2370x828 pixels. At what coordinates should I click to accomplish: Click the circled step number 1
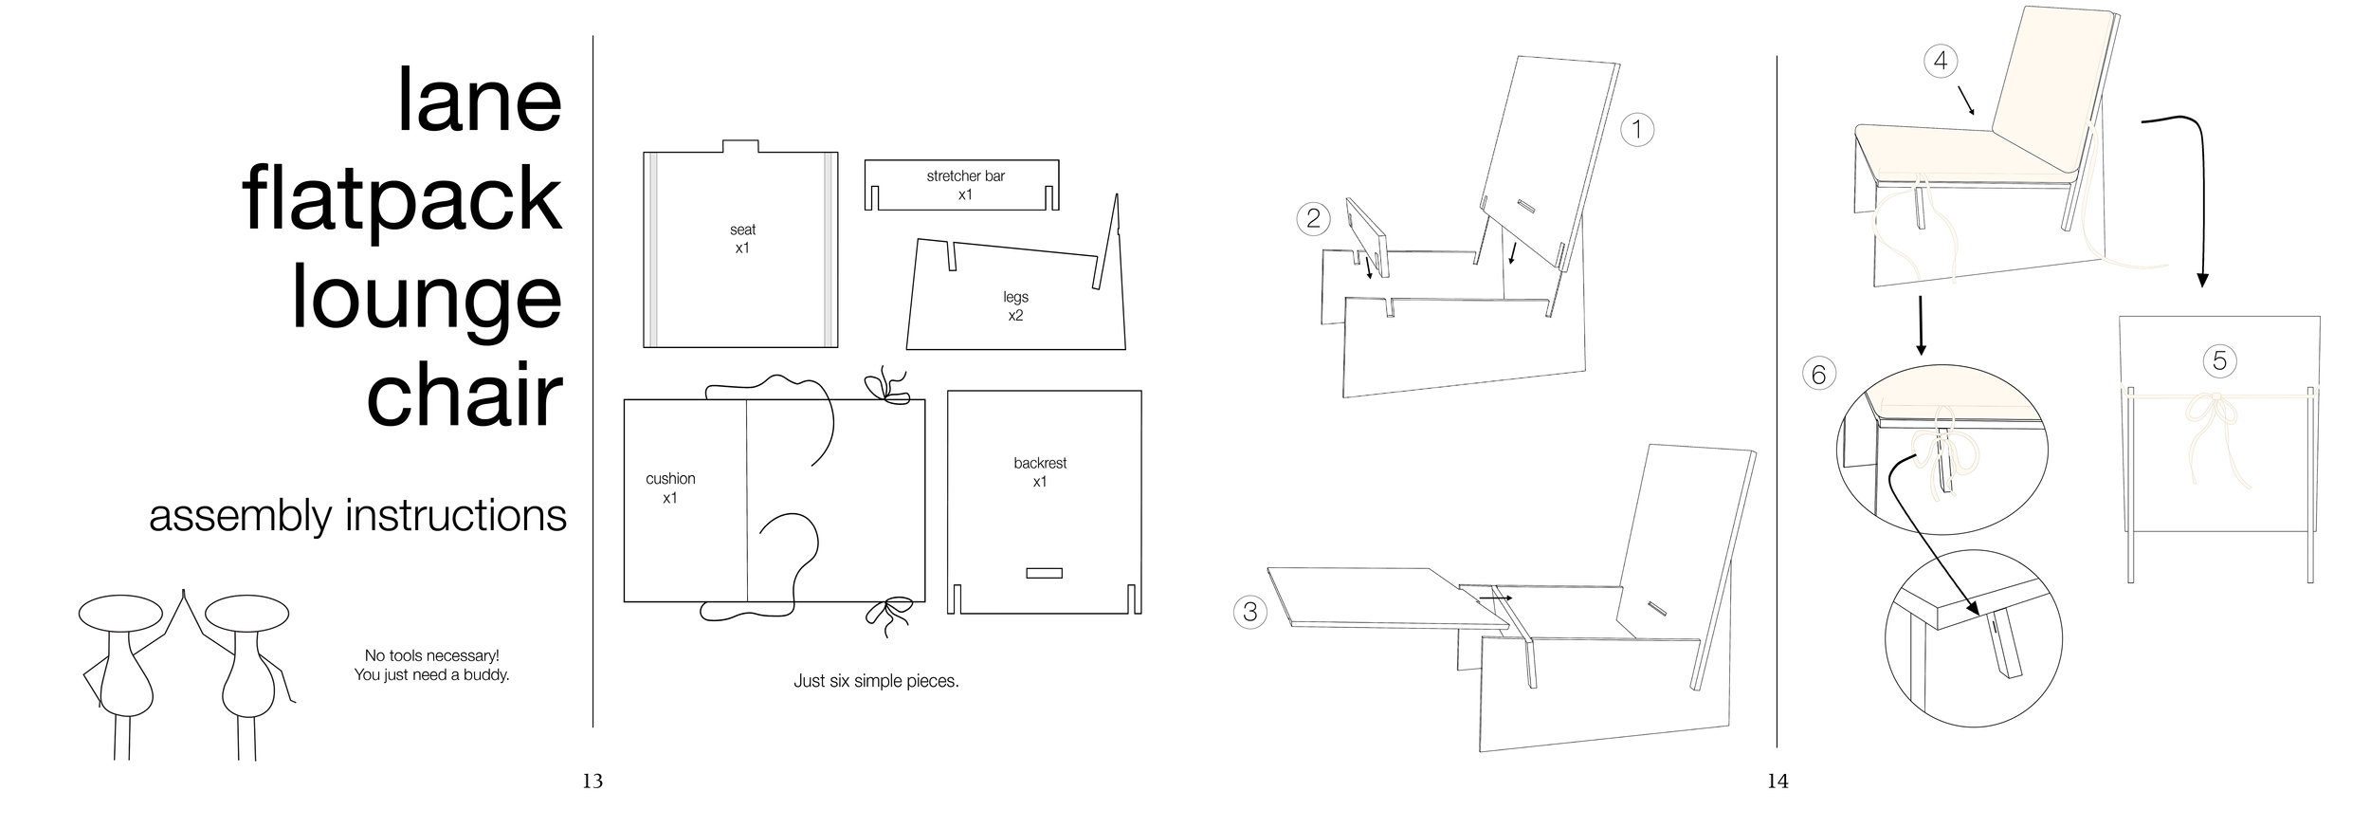click(x=1637, y=130)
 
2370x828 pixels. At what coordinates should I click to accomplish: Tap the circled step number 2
click(x=1313, y=219)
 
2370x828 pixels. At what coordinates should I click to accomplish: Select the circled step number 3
click(x=1249, y=612)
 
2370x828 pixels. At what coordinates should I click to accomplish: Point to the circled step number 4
click(x=1941, y=62)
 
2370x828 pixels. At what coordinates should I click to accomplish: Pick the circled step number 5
click(x=2219, y=360)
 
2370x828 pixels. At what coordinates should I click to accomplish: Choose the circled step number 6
click(x=1818, y=375)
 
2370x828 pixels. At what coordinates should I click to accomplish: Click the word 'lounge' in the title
click(x=427, y=299)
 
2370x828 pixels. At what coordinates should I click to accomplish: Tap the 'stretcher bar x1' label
click(x=965, y=185)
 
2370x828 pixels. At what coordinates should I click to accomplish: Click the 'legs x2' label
click(x=1015, y=306)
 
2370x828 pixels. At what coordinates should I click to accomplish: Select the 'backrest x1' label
click(x=1040, y=472)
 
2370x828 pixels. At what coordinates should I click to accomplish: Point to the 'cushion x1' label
click(x=670, y=488)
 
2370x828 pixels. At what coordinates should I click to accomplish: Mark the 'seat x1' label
click(x=742, y=238)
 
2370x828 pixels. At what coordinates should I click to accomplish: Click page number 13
click(x=592, y=782)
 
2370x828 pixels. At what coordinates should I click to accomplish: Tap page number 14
click(x=1777, y=782)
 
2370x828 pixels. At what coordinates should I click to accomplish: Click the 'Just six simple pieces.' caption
click(x=876, y=681)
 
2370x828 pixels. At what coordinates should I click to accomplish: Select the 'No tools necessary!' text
click(x=431, y=655)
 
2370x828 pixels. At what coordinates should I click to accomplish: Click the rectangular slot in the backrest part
click(x=1044, y=573)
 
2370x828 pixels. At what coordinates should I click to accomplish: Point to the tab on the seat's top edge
click(x=740, y=146)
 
